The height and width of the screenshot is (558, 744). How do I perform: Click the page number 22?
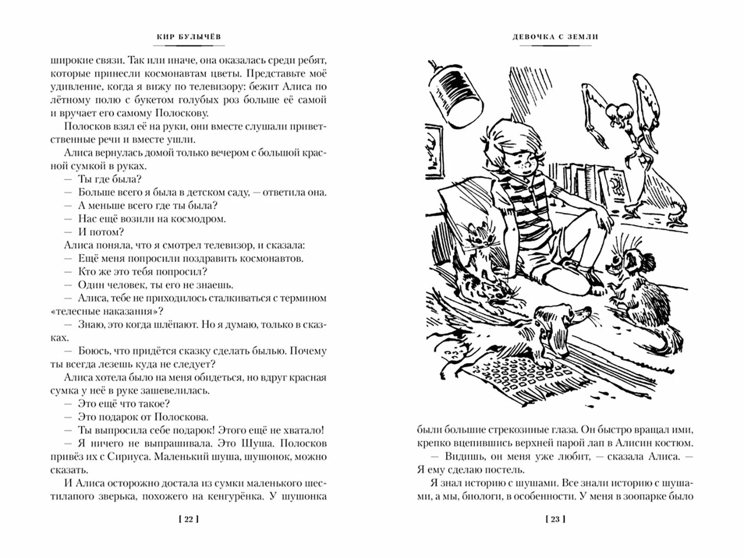tap(189, 519)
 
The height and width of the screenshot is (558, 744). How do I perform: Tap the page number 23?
tap(555, 519)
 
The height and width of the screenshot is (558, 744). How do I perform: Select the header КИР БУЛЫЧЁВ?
tap(189, 37)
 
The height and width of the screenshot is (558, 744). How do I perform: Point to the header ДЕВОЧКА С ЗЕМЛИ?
tap(555, 37)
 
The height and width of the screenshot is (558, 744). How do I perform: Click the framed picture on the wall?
tap(435, 150)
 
